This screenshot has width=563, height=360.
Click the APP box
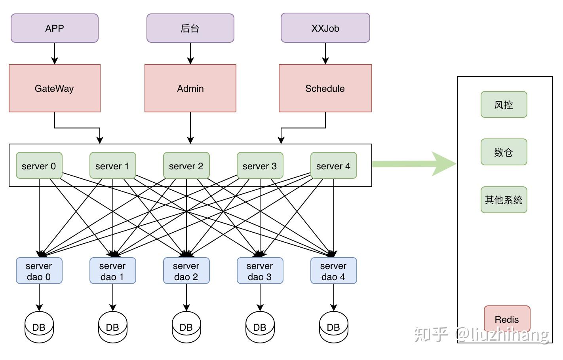(x=55, y=28)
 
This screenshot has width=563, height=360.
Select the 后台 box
(x=190, y=28)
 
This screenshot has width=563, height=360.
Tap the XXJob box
(x=325, y=28)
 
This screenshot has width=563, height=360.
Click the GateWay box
(x=55, y=88)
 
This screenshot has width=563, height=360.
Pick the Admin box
(x=190, y=88)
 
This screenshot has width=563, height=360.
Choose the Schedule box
(x=325, y=88)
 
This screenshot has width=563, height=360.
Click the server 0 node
(x=39, y=166)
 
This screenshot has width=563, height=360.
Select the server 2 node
(x=186, y=166)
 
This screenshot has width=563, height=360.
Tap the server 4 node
(x=333, y=166)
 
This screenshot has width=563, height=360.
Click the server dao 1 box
(x=112, y=271)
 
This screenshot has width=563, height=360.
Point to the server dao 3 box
(x=260, y=271)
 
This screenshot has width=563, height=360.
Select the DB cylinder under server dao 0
(x=39, y=327)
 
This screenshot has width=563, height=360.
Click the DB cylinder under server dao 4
(x=333, y=327)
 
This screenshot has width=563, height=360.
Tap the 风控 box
(x=504, y=105)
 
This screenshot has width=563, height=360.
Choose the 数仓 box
(x=504, y=152)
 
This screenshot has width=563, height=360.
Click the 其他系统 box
(x=504, y=200)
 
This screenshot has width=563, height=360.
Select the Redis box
(x=507, y=319)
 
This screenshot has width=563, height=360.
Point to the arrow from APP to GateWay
(x=55, y=53)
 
